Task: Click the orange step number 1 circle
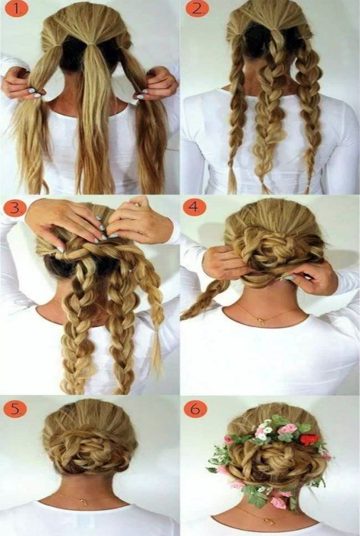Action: click(17, 9)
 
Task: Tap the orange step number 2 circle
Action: click(196, 9)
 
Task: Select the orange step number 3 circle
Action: click(15, 208)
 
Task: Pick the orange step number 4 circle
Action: click(195, 208)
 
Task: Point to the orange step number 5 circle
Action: click(15, 409)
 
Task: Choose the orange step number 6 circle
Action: click(195, 409)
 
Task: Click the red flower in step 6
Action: click(309, 440)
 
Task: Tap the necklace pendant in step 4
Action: click(263, 321)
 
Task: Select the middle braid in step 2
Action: click(267, 113)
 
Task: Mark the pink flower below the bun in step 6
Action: click(278, 502)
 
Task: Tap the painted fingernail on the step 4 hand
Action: click(289, 278)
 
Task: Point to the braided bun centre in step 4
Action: click(273, 250)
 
